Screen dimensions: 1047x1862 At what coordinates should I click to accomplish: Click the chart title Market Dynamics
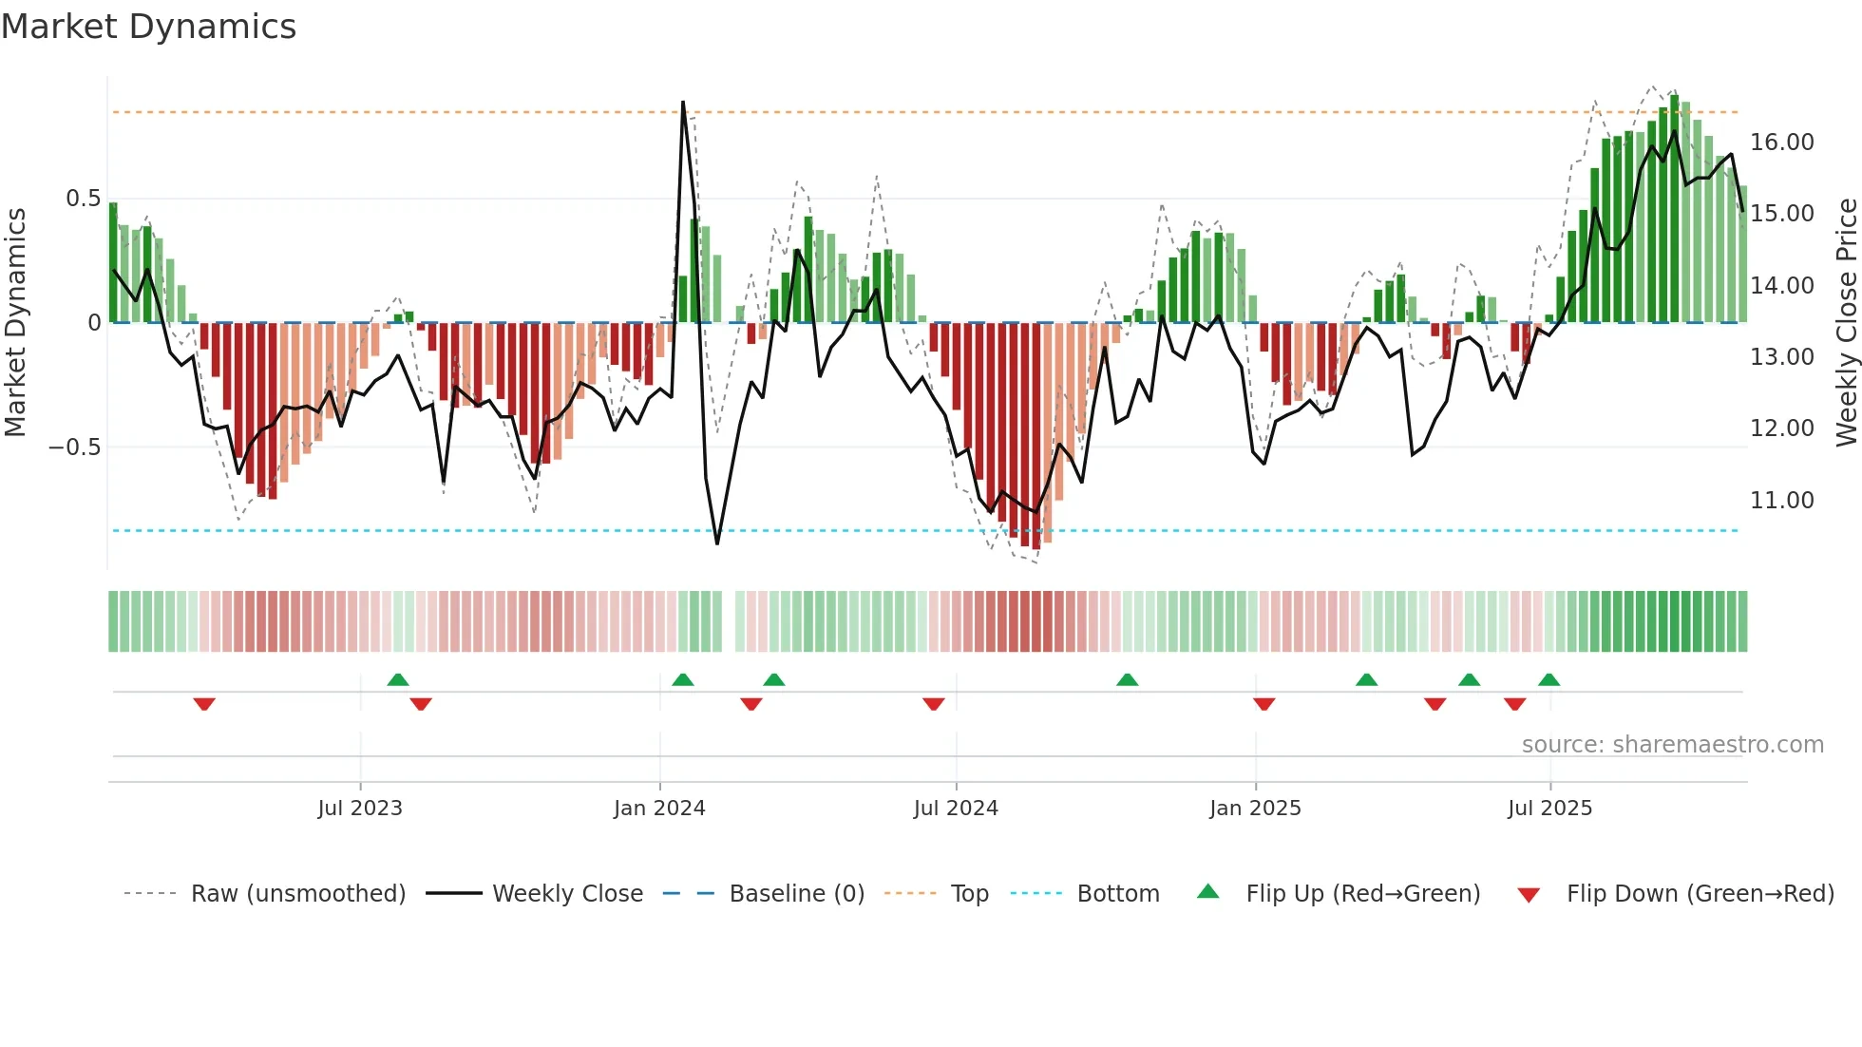point(148,27)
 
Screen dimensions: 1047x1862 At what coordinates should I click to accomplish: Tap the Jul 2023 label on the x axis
point(360,809)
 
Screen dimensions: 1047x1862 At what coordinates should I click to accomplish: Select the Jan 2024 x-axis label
point(659,809)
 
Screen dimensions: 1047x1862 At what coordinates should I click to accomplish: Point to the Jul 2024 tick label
point(956,809)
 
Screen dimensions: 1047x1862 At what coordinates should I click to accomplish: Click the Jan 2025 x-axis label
point(1255,809)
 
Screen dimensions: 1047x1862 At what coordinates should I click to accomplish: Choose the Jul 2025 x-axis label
point(1549,809)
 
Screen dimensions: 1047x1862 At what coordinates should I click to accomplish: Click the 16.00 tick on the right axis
point(1782,143)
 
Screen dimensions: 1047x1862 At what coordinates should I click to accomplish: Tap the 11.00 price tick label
point(1782,501)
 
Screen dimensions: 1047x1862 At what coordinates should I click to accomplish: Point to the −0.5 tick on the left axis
point(74,447)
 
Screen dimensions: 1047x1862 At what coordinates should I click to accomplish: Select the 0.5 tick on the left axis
point(83,199)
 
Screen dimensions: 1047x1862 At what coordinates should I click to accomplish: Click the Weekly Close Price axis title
point(1846,323)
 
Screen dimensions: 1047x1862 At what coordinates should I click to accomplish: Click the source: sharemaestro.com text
point(1672,745)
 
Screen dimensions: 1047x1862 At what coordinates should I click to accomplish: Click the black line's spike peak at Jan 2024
point(683,103)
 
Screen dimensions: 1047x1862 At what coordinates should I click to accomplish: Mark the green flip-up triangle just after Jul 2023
point(398,680)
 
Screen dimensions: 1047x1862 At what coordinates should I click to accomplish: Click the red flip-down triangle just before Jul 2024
point(934,704)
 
